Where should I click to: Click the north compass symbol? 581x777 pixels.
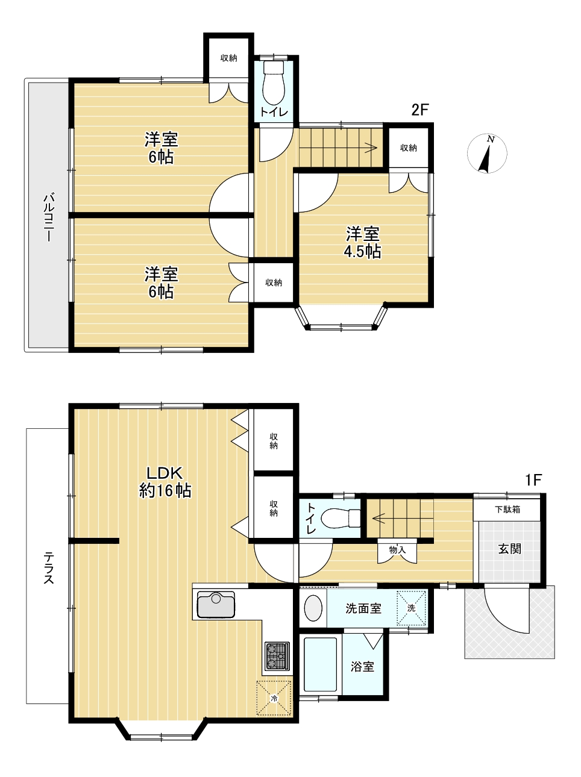487,153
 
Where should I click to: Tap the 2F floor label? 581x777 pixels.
419,110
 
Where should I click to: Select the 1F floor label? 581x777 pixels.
533,480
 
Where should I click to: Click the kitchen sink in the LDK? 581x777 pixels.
216,604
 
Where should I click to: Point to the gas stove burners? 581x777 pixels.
277,656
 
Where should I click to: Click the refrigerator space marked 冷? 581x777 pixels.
274,697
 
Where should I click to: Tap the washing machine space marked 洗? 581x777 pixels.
410,608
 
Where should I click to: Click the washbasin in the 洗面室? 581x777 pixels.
313,608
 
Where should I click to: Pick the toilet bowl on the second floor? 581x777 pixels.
274,83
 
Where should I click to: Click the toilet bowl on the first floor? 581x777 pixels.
341,518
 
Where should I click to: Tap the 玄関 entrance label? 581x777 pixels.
510,549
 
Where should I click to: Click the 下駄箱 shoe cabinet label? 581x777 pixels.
507,510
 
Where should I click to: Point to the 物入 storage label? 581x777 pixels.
397,550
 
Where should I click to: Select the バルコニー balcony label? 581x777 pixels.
48,217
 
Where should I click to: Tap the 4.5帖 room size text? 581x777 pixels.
362,252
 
